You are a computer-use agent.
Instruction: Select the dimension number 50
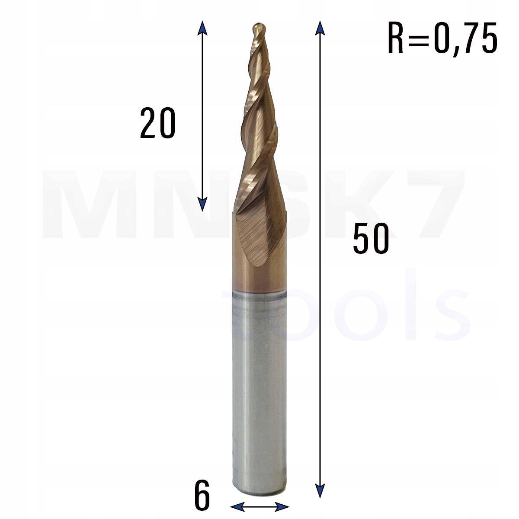click(x=371, y=238)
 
